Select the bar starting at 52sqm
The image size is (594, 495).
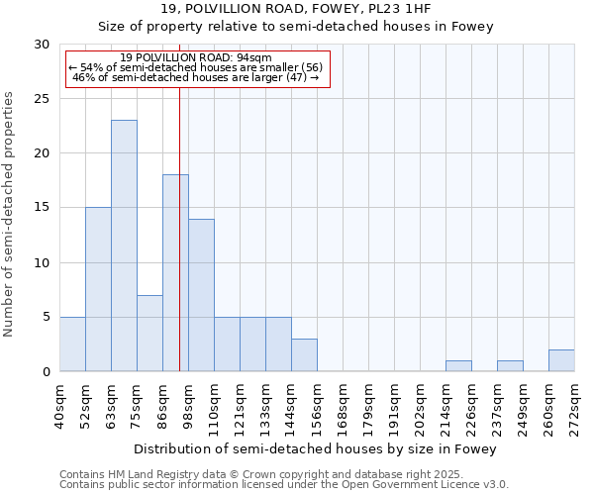[x=98, y=289]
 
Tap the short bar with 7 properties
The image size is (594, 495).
[x=149, y=333]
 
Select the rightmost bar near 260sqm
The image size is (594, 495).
[x=561, y=360]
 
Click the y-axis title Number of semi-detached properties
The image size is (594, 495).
[x=10, y=214]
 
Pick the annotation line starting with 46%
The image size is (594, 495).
[x=196, y=77]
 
